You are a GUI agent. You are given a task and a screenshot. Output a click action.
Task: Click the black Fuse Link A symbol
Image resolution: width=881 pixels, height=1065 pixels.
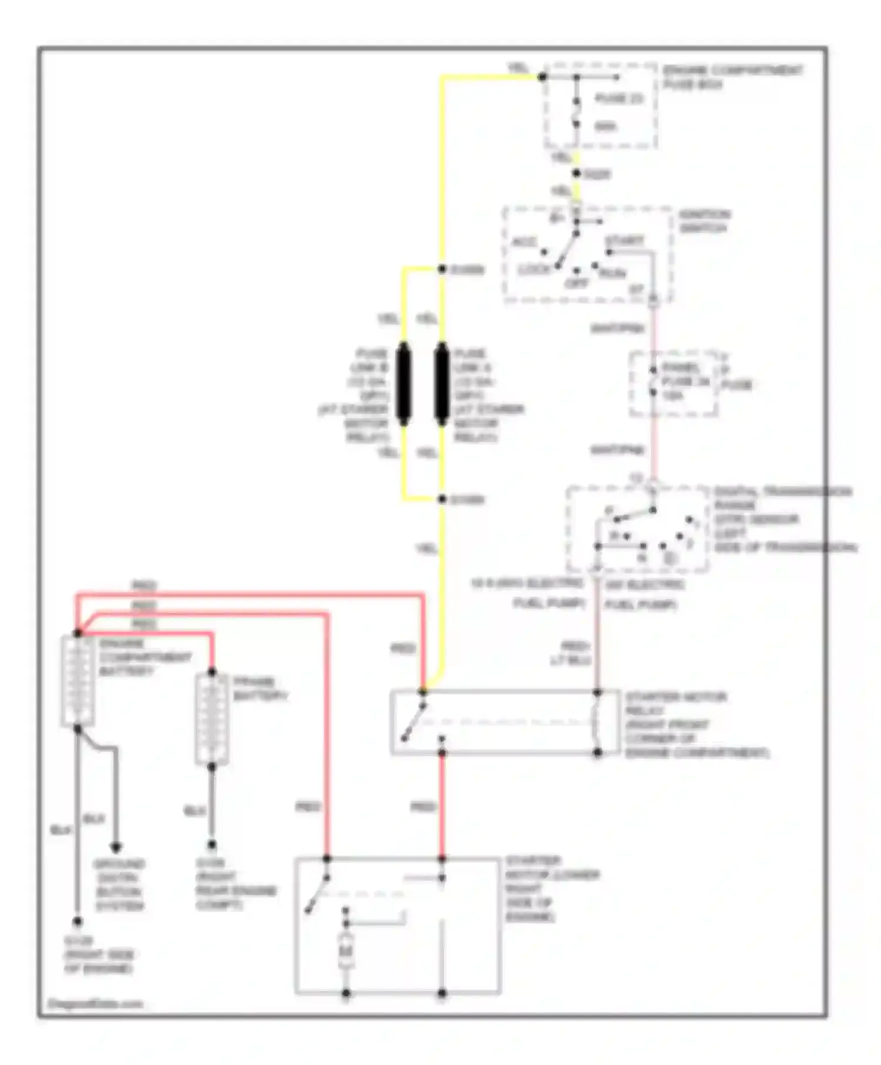442,384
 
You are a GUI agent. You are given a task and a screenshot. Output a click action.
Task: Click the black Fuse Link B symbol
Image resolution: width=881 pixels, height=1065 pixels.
403,384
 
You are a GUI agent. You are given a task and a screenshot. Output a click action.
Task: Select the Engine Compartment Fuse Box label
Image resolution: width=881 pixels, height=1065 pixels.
732,77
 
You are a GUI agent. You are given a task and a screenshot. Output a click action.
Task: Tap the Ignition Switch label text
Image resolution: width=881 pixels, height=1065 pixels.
704,221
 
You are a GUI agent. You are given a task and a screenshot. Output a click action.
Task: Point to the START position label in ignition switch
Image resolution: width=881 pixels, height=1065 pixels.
624,241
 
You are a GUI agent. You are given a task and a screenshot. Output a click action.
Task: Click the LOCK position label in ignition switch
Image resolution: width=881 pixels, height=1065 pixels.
534,269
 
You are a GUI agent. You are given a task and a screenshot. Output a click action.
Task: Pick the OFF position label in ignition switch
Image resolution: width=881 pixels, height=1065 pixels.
576,284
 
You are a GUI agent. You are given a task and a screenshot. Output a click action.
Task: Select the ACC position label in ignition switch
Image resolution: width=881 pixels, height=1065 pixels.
524,242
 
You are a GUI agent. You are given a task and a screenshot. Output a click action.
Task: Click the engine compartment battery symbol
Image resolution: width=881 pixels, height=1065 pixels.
78,681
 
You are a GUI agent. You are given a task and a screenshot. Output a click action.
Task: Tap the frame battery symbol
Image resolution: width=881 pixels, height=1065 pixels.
211,719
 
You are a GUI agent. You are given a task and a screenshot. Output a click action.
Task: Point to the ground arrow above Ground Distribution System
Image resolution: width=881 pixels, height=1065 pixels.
116,847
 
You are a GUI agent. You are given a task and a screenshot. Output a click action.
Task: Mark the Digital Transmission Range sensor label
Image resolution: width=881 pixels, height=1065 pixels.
784,519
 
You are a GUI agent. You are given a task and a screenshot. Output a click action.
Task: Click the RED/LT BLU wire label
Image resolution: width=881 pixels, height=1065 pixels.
570,653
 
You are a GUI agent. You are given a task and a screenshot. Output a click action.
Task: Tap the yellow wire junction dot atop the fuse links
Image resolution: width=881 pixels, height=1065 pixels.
442,269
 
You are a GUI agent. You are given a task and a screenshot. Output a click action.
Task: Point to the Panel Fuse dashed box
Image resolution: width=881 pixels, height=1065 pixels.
673,384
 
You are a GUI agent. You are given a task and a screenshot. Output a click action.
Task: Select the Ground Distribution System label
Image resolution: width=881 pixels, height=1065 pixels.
119,885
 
